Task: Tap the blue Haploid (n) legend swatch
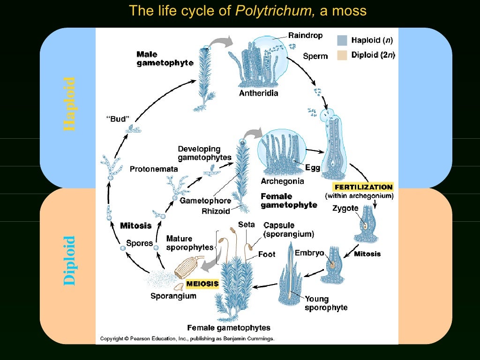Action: (342, 41)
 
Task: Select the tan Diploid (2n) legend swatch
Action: (342, 55)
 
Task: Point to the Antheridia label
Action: (259, 93)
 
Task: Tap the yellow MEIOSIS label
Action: (202, 284)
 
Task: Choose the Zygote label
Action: (345, 208)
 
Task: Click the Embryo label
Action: (309, 253)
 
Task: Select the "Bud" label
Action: (116, 119)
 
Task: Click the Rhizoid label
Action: (216, 211)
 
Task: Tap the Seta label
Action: (247, 225)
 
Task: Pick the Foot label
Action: (267, 254)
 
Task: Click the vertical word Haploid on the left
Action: (69, 104)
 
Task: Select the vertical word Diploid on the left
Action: (69, 260)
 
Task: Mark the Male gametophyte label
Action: (165, 59)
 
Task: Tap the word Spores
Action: (140, 243)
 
